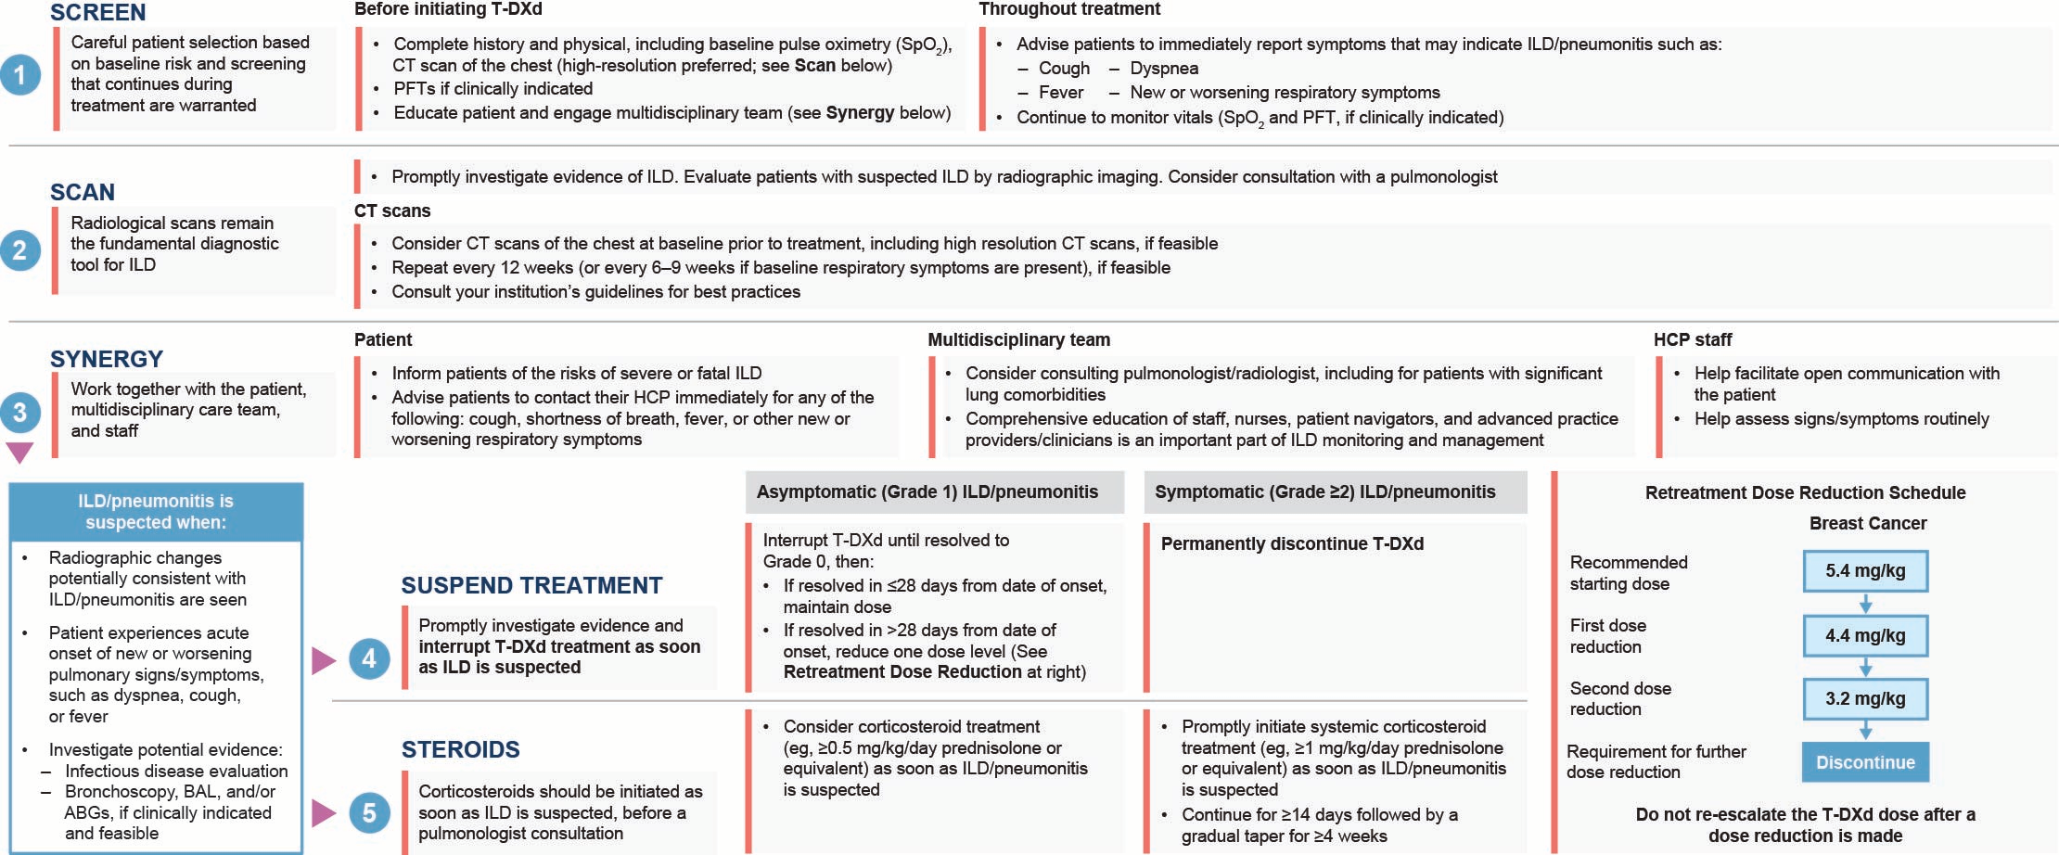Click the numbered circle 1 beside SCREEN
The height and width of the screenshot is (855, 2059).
coord(20,74)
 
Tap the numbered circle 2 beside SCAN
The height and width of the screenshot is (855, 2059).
coord(20,250)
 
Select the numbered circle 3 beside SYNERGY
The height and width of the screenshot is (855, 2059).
coord(20,413)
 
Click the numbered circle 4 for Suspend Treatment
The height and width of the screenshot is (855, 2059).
coord(369,659)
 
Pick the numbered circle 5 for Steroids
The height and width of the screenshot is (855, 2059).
coord(369,813)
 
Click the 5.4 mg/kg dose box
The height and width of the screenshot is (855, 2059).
coord(1865,571)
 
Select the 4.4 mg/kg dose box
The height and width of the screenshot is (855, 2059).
coord(1865,636)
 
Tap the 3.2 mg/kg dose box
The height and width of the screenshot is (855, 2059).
coord(1865,699)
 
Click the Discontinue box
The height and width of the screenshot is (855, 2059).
coord(1865,762)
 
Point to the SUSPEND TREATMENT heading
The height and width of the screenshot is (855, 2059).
coord(531,585)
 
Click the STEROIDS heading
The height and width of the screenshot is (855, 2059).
coord(460,749)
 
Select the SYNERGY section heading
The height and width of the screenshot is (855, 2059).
coord(107,359)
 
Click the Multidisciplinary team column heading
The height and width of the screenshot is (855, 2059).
coord(1018,339)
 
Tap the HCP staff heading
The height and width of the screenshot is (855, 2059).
coord(1693,339)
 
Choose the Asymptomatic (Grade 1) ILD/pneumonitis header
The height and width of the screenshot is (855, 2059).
coord(927,491)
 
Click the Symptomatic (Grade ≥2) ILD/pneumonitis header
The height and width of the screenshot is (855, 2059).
coord(1324,491)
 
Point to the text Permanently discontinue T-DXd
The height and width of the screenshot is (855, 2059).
coord(1292,543)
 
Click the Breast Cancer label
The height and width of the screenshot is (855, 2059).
coord(1868,523)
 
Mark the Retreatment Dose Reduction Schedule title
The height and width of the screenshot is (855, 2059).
coord(1805,492)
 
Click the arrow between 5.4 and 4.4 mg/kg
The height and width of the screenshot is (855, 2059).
coord(1865,605)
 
